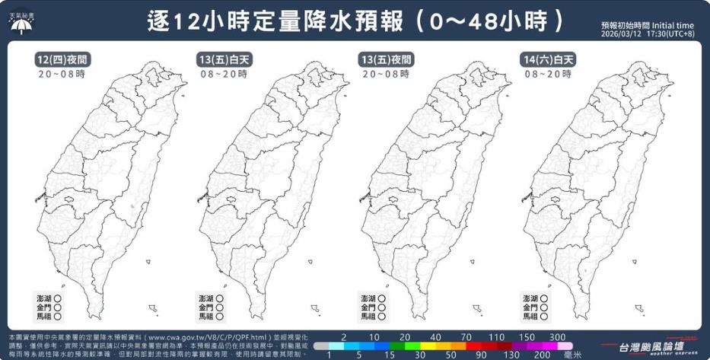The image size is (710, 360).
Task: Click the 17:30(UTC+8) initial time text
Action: pyautogui.click(x=670, y=34)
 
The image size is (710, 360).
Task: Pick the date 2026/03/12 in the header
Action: pyautogui.click(x=622, y=34)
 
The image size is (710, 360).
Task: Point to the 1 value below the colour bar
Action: pyautogui.click(x=328, y=354)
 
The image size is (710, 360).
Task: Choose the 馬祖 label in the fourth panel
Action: pyautogui.click(x=530, y=316)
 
